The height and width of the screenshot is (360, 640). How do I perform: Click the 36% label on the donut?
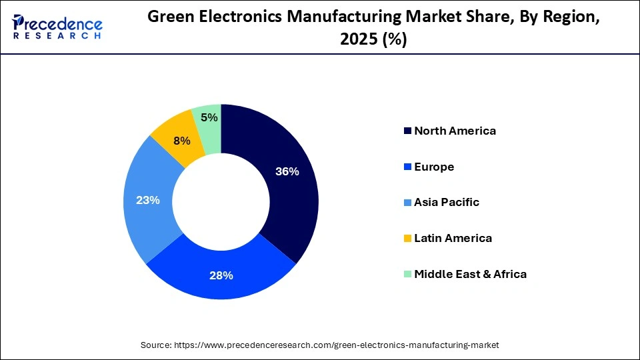(x=287, y=171)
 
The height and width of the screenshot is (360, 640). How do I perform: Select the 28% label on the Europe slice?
(x=221, y=275)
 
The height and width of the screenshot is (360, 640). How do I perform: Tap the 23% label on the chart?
(x=147, y=200)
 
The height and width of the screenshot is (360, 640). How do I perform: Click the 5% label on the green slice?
(x=209, y=117)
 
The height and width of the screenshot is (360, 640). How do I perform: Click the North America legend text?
(x=455, y=131)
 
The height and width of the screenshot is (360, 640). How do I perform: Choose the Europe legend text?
(x=434, y=167)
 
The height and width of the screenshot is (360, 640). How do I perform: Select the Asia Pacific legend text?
(x=446, y=202)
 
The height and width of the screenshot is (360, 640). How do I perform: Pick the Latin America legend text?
(x=453, y=238)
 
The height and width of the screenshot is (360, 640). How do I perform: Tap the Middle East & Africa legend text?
(x=470, y=274)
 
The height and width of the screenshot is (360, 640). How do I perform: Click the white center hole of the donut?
(x=221, y=202)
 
